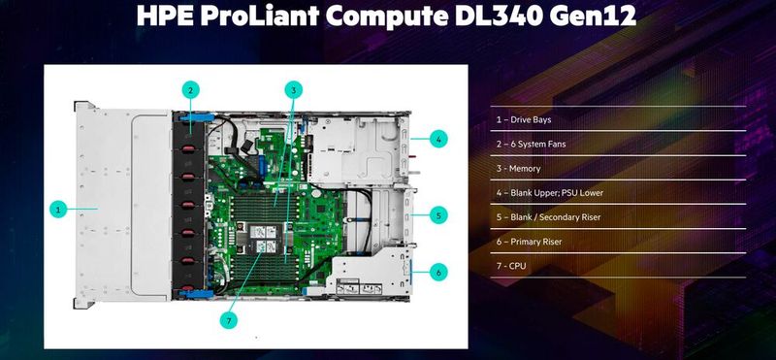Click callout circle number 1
coord(58,208)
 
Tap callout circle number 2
coord(192,90)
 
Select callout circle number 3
coord(293,90)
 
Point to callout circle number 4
coord(438,140)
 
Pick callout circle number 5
coord(438,214)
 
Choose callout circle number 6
coord(438,272)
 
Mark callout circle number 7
coord(230,320)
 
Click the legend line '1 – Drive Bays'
coord(524,119)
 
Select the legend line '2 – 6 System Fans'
coord(531,144)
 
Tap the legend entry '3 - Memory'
coord(519,168)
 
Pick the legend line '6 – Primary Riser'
coord(529,241)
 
